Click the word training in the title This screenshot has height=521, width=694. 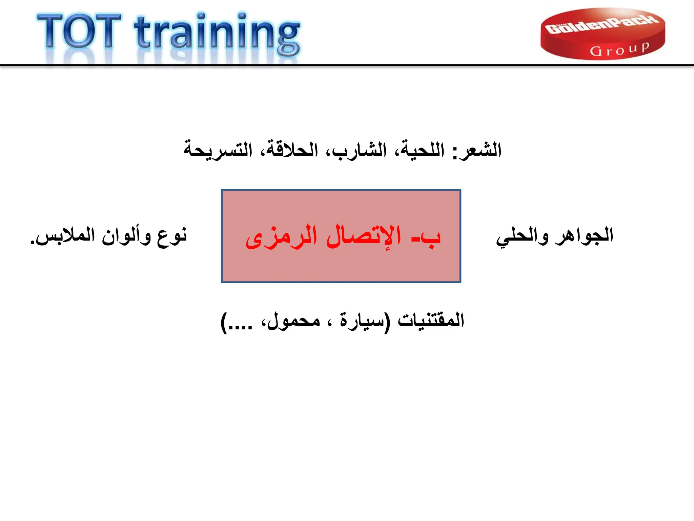point(217,34)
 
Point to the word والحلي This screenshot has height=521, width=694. point(522,236)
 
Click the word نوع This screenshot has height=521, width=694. point(172,236)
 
